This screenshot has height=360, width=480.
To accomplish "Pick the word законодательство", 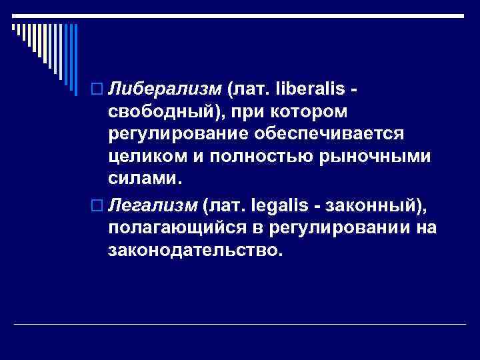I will pos(194,250).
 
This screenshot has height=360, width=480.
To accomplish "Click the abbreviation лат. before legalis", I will pos(230,204).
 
